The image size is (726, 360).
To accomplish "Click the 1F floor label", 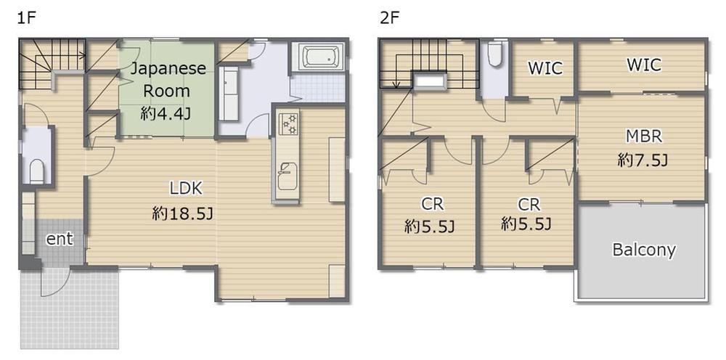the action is pos(26,19).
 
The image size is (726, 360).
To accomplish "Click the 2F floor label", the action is pos(389,19).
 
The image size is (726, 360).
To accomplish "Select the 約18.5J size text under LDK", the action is pos(182,214).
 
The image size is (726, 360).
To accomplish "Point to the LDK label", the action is pos(186,188).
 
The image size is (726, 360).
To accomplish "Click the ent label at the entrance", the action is pos(60,239).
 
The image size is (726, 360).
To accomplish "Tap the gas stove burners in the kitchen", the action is pos(288,122).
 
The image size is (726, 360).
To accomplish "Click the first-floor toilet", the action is pos(37,171).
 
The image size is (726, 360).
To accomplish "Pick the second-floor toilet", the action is pos(495,54).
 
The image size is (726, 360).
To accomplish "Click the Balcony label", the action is pos(643,250).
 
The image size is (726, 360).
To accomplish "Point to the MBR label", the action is pos(643,136).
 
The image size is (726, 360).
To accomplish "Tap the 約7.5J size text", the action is pos(643,160).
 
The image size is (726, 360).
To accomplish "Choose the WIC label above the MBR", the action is pos(644,65).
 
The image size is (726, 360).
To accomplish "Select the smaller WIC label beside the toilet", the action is pos(545,68).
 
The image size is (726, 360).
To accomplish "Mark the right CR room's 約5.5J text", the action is pos(526,225).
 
